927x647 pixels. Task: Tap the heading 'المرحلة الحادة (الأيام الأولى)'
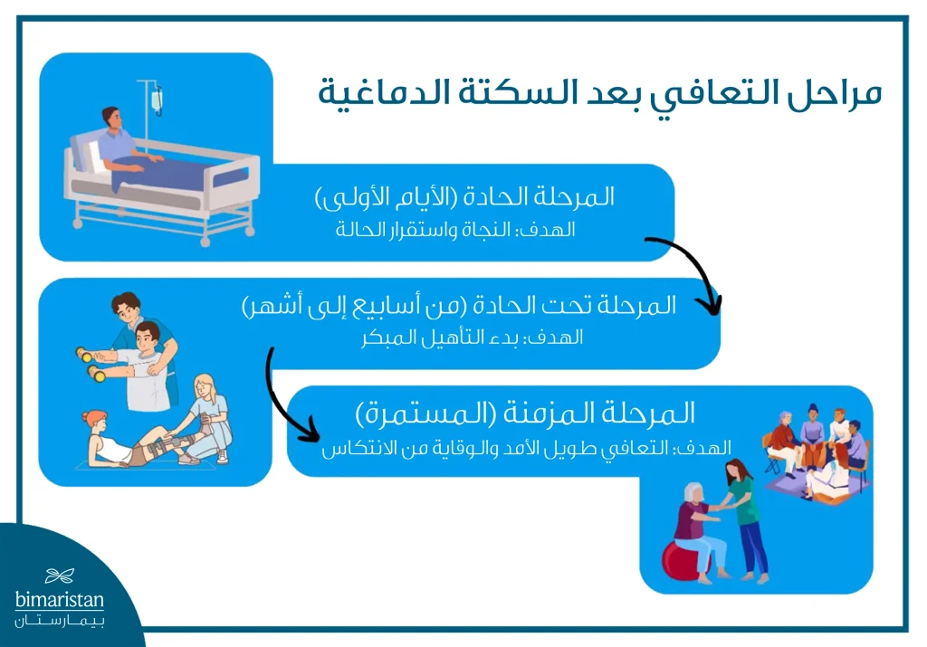pyautogui.click(x=463, y=196)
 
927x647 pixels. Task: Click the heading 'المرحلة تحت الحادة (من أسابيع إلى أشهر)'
pyautogui.click(x=459, y=306)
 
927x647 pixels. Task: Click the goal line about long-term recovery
pyautogui.click(x=526, y=447)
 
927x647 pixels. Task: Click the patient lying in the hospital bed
pyautogui.click(x=122, y=145)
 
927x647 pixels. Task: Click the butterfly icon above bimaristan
pyautogui.click(x=60, y=576)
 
